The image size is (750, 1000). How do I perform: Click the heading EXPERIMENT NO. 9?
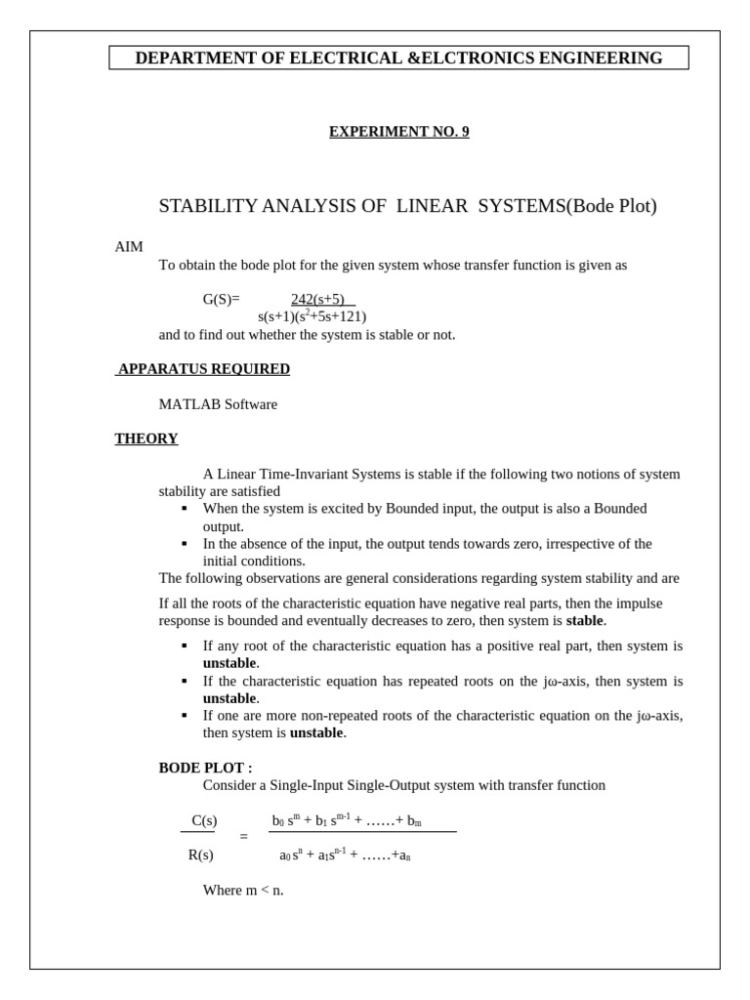pyautogui.click(x=398, y=132)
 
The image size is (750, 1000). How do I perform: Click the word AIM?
pyautogui.click(x=129, y=247)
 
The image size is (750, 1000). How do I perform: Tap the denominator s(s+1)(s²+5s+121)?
pyautogui.click(x=312, y=316)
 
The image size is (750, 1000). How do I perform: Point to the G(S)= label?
pyautogui.click(x=221, y=300)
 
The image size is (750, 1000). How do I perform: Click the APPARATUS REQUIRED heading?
pyautogui.click(x=203, y=369)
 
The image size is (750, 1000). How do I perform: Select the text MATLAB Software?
pyautogui.click(x=218, y=404)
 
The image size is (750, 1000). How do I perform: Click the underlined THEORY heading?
pyautogui.click(x=146, y=439)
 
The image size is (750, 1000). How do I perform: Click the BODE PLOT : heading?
pyautogui.click(x=205, y=769)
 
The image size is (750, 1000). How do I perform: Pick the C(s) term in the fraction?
pyautogui.click(x=204, y=820)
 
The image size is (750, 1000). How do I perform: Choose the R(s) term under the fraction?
pyautogui.click(x=201, y=855)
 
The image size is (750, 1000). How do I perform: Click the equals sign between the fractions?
pyautogui.click(x=244, y=837)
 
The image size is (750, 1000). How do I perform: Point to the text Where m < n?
pyautogui.click(x=243, y=891)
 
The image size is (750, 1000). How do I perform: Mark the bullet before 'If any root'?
pyautogui.click(x=184, y=646)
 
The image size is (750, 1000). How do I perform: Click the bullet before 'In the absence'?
pyautogui.click(x=184, y=544)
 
